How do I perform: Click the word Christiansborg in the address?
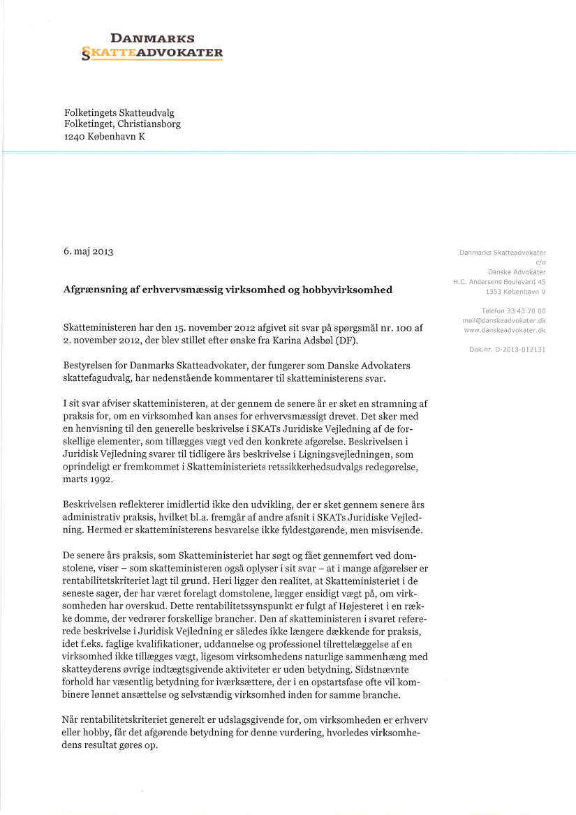click(150, 124)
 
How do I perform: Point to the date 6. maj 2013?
click(88, 251)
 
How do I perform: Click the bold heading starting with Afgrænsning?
click(228, 289)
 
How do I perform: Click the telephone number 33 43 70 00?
click(523, 311)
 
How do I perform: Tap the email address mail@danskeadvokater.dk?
click(504, 320)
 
